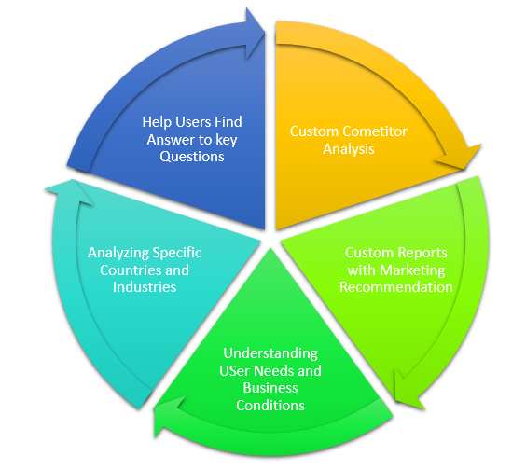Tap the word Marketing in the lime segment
click(x=413, y=270)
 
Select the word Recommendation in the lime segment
click(x=396, y=286)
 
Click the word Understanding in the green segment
click(x=270, y=353)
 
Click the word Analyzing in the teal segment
click(x=118, y=253)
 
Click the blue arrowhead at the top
click(x=253, y=30)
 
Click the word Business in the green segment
click(x=270, y=388)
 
